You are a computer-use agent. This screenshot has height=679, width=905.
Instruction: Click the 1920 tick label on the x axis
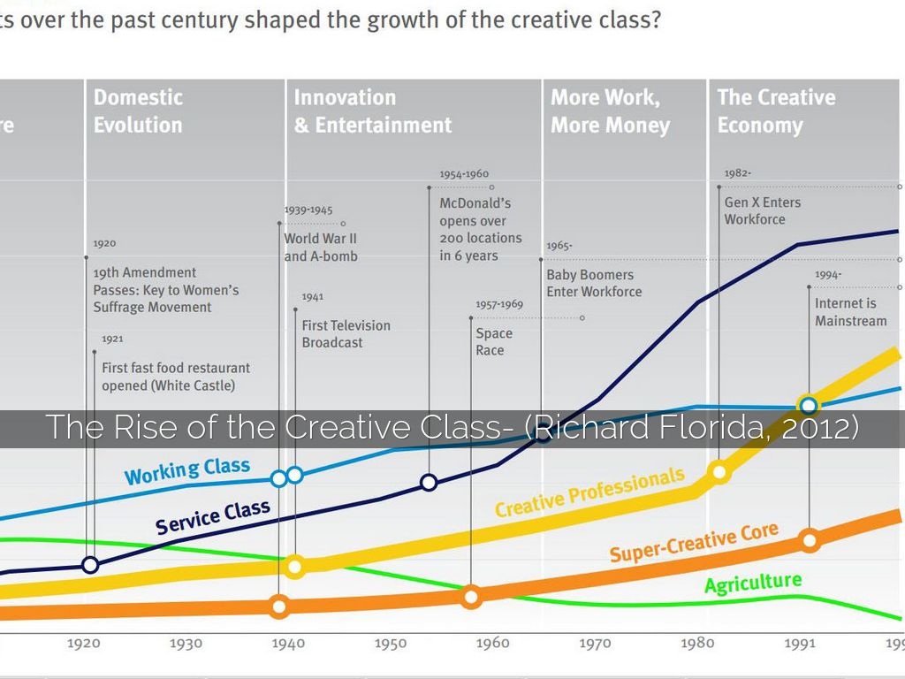(x=84, y=644)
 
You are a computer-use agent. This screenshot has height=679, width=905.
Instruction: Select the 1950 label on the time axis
(x=390, y=644)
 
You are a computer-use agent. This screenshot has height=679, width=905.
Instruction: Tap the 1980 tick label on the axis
(x=697, y=643)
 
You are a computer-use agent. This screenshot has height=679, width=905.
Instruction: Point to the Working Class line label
(x=186, y=471)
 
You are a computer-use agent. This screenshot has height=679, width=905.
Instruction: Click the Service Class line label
(x=212, y=517)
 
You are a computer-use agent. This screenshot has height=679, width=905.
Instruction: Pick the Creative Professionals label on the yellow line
(x=589, y=492)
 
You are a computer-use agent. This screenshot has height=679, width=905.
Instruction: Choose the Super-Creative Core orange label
(x=694, y=542)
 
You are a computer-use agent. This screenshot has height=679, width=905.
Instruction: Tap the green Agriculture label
(x=753, y=584)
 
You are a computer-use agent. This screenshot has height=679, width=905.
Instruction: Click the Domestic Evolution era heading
(x=139, y=111)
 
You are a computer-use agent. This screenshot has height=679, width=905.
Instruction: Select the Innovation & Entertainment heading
(x=372, y=111)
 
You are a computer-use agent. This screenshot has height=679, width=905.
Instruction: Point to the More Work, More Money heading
(x=610, y=111)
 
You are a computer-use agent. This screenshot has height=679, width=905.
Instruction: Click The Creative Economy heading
(x=776, y=111)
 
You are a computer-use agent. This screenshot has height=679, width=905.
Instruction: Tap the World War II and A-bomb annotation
(x=321, y=247)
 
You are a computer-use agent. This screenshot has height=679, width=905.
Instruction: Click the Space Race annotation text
(x=493, y=341)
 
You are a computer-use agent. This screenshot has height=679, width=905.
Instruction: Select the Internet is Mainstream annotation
(x=850, y=312)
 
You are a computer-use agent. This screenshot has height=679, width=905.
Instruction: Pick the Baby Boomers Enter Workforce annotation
(x=594, y=283)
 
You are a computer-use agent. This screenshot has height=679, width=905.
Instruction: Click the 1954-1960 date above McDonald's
(x=464, y=174)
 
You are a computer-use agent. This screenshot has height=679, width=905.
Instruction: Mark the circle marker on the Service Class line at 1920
(x=89, y=565)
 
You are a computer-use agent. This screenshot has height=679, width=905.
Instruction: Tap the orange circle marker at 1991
(x=809, y=540)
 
